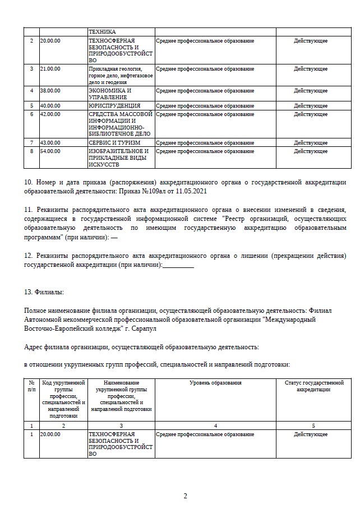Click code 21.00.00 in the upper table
[x=50, y=68]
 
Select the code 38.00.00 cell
[x=50, y=90]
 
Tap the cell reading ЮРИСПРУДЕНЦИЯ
[x=114, y=105]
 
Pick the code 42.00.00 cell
[x=50, y=114]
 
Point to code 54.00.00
[x=50, y=151]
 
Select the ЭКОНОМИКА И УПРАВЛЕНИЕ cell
[x=110, y=94]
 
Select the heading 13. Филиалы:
[x=44, y=292]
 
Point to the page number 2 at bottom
[x=185, y=496]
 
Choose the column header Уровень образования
[x=215, y=382]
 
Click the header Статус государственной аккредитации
[x=314, y=386]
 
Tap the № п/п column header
[x=31, y=386]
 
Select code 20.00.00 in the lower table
[x=50, y=434]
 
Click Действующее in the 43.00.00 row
[x=311, y=142]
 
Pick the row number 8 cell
[x=31, y=151]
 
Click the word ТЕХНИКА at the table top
[x=102, y=32]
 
